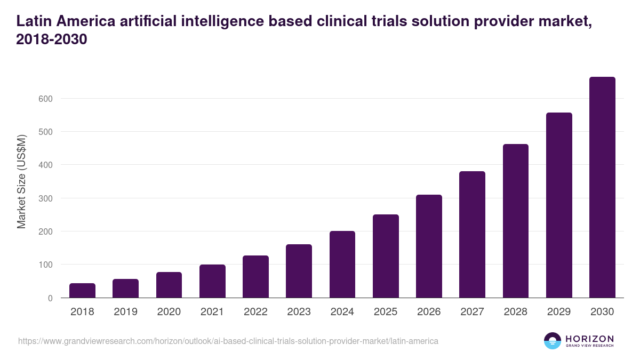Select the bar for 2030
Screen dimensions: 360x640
pyautogui.click(x=602, y=187)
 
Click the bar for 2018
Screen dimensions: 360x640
pyautogui.click(x=82, y=291)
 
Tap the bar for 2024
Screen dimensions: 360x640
pyautogui.click(x=342, y=265)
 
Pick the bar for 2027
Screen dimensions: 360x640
pyautogui.click(x=472, y=235)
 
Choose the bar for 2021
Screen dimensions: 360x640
pyautogui.click(x=212, y=281)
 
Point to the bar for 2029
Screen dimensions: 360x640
pyautogui.click(x=559, y=205)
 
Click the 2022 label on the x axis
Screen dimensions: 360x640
pyautogui.click(x=255, y=312)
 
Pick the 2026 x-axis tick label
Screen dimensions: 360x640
pyautogui.click(x=429, y=312)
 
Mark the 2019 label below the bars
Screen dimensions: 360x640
pyautogui.click(x=125, y=312)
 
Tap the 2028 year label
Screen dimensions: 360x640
pyautogui.click(x=516, y=312)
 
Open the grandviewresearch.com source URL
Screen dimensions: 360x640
pyautogui.click(x=228, y=341)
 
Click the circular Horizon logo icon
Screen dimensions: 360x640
pyautogui.click(x=553, y=341)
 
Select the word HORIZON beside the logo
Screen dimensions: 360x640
pyautogui.click(x=589, y=338)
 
